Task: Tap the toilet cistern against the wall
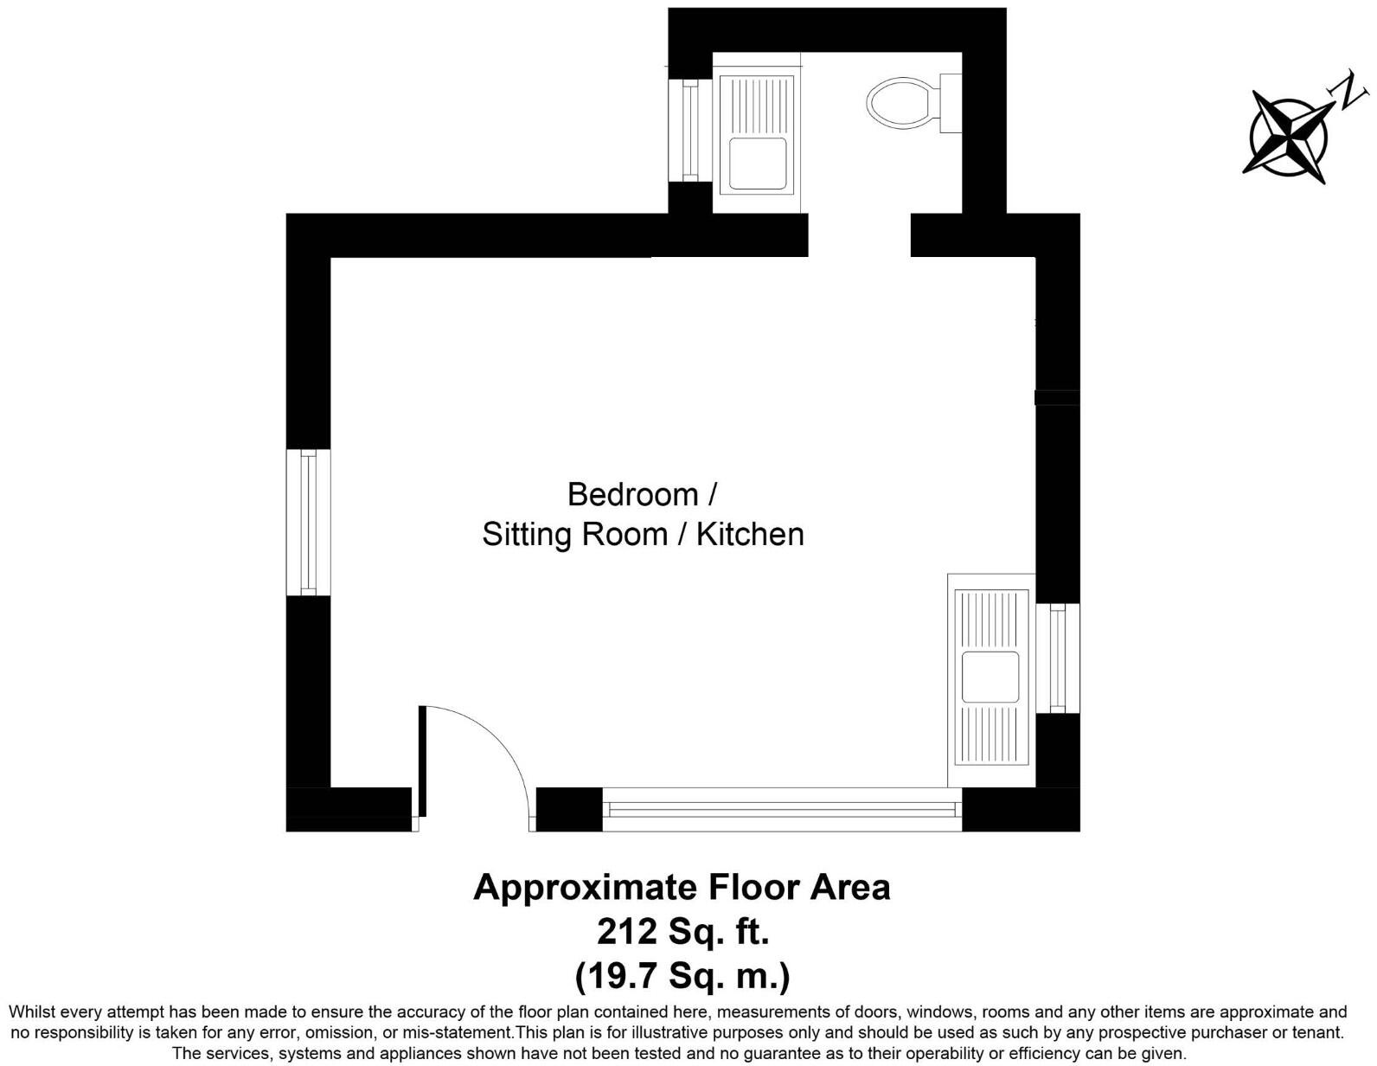coord(951,103)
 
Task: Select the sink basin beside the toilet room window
coord(757,163)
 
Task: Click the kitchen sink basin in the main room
coord(990,677)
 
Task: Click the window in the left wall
coord(308,522)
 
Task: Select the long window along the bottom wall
coord(782,810)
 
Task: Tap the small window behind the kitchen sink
coord(1058,658)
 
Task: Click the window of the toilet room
coord(689,131)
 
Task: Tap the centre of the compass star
coord(1289,137)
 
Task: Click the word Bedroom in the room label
coord(632,495)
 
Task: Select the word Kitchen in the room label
coord(750,534)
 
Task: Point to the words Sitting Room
coord(574,534)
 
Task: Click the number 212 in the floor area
coord(628,932)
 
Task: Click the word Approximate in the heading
coord(585,888)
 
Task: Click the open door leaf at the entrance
coord(423,761)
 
